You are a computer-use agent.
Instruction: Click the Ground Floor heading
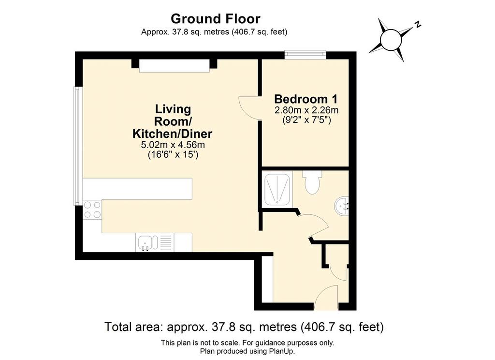tap(216, 19)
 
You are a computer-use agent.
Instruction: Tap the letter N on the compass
tap(418, 24)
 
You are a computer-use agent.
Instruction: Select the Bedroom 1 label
tap(306, 99)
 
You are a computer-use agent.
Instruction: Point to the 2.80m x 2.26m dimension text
tap(306, 110)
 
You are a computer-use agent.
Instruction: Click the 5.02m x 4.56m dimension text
tap(173, 145)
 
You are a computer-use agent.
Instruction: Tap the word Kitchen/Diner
tap(173, 134)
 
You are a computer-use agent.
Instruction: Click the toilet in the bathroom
tap(312, 182)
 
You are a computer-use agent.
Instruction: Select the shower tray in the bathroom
tap(277, 188)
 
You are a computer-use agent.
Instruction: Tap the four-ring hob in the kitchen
tap(92, 210)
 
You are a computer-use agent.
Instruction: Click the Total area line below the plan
tap(244, 327)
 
